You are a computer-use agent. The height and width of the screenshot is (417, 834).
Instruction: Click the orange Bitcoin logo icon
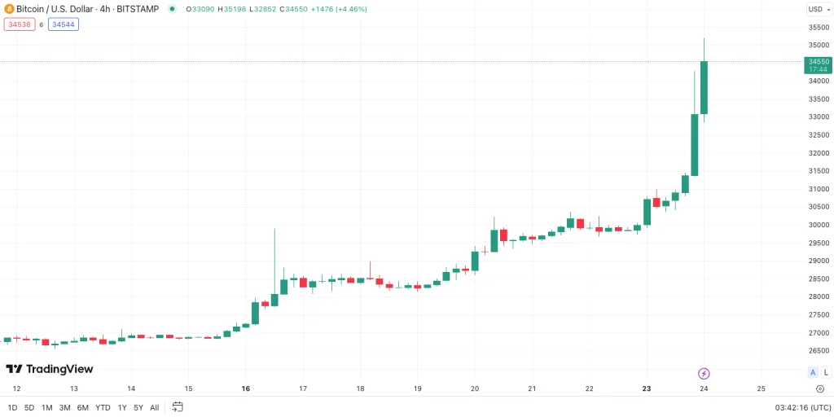coord(9,9)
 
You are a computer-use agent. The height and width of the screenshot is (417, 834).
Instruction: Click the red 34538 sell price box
coord(20,24)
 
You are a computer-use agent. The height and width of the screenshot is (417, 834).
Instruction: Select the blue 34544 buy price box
coord(64,24)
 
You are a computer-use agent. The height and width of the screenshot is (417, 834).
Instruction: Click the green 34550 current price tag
coord(818,65)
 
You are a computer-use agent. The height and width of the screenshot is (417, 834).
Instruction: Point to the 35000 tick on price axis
coord(819,46)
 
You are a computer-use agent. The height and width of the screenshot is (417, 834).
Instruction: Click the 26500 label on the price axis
coord(819,350)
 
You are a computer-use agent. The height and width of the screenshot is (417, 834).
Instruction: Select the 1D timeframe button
coord(13,407)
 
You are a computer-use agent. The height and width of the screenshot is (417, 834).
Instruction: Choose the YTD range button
coord(103,407)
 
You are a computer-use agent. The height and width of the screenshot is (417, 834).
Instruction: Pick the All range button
coord(154,407)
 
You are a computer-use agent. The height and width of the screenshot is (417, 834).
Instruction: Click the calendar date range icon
coord(178,407)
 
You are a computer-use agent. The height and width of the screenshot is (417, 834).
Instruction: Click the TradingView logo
coord(50,369)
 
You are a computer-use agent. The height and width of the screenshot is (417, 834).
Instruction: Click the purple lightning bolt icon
coord(704,373)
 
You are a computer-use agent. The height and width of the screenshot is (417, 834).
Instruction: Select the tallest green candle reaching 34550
coord(704,87)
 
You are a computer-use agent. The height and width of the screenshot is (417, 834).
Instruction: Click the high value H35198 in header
coord(231,9)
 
